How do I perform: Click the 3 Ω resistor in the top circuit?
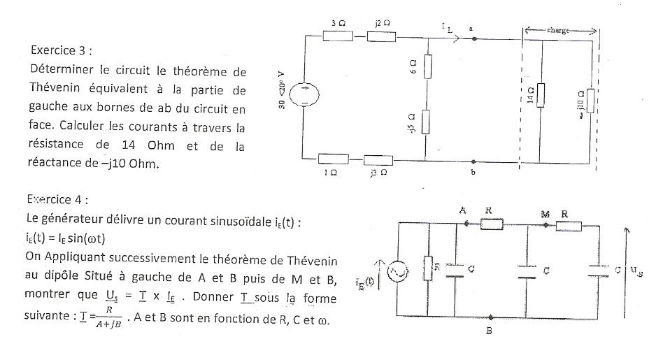[337, 37]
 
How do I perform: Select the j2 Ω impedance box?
[382, 37]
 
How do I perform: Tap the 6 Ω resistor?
[428, 66]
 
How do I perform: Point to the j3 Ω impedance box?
[378, 161]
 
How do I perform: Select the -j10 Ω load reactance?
[592, 101]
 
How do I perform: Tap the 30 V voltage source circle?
[305, 96]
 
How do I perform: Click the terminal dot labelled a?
[473, 38]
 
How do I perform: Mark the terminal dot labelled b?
[473, 160]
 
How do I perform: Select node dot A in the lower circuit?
[466, 224]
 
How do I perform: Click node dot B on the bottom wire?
[490, 317]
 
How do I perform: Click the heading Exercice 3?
[62, 50]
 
